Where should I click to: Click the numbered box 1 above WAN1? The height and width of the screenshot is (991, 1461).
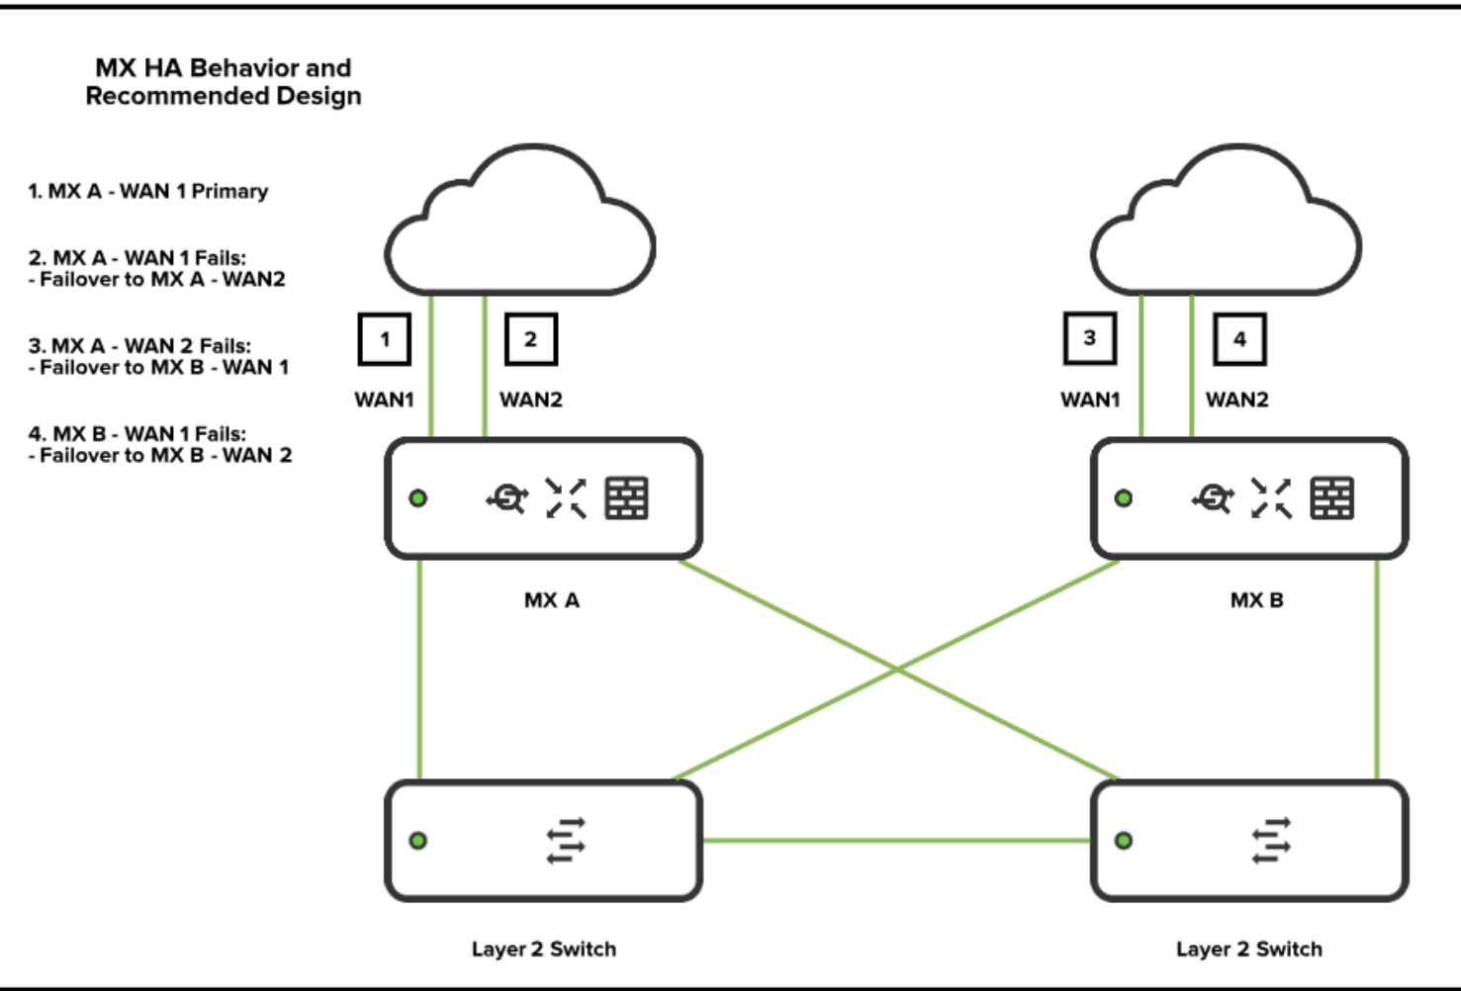click(x=384, y=339)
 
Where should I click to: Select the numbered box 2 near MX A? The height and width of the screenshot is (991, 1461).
click(x=531, y=339)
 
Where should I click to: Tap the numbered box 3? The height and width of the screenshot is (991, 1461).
click(x=1090, y=338)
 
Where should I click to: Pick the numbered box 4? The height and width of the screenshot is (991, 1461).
click(x=1239, y=339)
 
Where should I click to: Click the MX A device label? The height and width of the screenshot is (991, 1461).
click(x=552, y=600)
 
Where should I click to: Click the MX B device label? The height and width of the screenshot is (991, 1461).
click(x=1256, y=600)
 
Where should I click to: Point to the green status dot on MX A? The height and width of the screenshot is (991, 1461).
click(x=418, y=498)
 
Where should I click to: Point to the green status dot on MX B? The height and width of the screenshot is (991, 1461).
click(x=1124, y=498)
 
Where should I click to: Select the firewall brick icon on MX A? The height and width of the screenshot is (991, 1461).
click(x=626, y=498)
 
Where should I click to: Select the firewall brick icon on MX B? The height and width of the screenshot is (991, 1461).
click(x=1331, y=498)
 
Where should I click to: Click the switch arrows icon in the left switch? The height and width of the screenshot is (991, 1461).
click(x=566, y=841)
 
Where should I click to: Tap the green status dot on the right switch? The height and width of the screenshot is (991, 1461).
click(x=1124, y=841)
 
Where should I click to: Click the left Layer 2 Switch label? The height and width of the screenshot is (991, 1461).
click(x=543, y=949)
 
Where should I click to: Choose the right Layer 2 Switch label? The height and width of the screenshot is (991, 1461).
click(x=1248, y=949)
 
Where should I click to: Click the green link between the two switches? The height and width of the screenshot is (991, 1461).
click(x=895, y=841)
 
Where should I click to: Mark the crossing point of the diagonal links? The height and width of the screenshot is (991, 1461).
click(x=897, y=670)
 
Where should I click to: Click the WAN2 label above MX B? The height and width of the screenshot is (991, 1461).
click(x=1236, y=400)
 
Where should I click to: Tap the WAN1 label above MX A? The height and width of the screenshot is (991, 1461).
click(x=384, y=400)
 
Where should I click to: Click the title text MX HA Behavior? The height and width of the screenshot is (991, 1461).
click(x=223, y=68)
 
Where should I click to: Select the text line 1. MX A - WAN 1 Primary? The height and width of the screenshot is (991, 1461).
click(x=147, y=191)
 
